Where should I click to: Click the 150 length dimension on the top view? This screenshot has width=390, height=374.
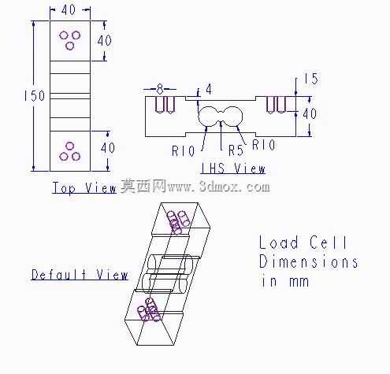(x=35, y=96)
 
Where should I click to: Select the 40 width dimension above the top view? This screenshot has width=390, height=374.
(x=69, y=10)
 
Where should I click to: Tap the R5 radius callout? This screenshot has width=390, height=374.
(x=236, y=150)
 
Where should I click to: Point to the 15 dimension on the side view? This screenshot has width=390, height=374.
(x=311, y=79)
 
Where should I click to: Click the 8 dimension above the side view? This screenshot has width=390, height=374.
(x=160, y=89)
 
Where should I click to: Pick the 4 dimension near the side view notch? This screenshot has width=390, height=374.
(x=209, y=90)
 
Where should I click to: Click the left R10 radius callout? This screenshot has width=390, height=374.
(x=184, y=151)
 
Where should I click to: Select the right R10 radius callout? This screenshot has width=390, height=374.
(x=264, y=145)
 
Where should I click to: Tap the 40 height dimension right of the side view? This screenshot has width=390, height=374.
(x=310, y=113)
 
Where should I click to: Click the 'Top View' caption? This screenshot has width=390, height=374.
(x=84, y=188)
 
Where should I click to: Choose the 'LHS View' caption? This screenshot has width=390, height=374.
(x=233, y=168)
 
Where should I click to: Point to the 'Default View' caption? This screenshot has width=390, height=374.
(x=80, y=275)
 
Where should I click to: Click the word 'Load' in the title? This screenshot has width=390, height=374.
(x=279, y=243)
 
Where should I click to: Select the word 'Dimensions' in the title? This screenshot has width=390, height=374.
(x=309, y=261)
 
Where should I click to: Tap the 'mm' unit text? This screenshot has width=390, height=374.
(x=299, y=282)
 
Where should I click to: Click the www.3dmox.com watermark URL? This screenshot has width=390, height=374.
(x=219, y=187)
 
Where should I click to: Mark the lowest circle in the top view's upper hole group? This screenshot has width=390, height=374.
(x=69, y=46)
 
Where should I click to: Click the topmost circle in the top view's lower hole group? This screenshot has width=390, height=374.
(x=69, y=146)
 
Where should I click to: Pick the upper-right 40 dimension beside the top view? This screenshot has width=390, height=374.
(x=105, y=40)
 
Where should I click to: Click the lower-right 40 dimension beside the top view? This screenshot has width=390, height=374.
(x=108, y=148)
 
